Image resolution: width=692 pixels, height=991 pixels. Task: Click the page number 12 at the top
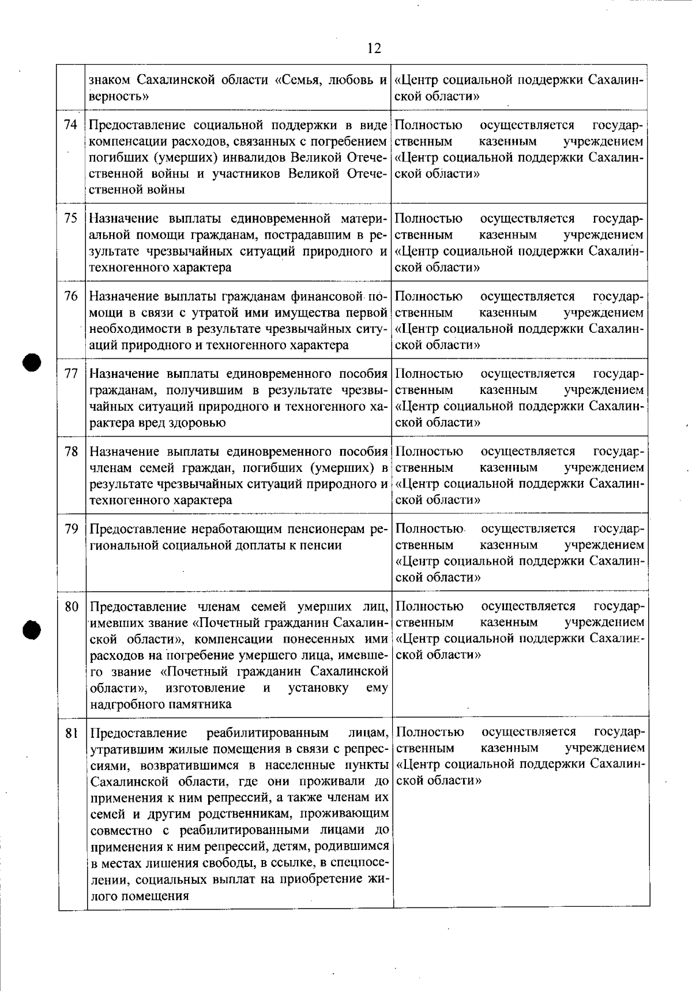click(374, 48)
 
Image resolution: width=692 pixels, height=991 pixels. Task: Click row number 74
click(71, 125)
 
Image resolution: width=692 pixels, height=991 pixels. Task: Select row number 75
click(71, 219)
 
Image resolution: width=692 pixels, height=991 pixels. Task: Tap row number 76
click(71, 296)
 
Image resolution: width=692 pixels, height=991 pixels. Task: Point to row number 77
click(71, 374)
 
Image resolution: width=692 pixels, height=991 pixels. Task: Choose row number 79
click(71, 529)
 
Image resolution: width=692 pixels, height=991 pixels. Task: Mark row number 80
click(71, 607)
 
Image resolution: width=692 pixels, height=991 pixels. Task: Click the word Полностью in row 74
click(428, 125)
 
